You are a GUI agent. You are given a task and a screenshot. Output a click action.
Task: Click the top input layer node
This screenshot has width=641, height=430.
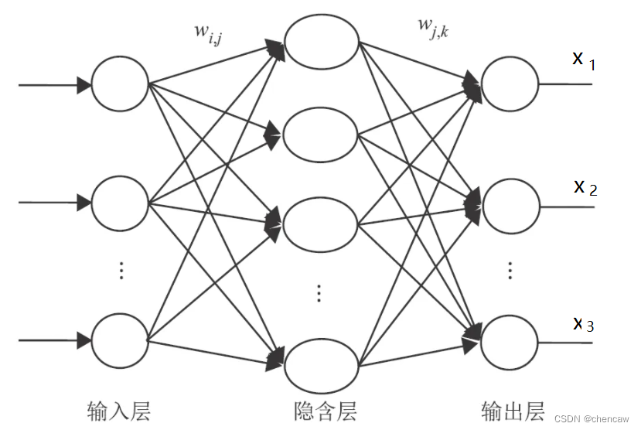(120, 84)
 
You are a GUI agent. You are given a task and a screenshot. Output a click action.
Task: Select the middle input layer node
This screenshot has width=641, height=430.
(120, 203)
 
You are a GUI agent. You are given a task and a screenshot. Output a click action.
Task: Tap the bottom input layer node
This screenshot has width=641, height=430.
(120, 340)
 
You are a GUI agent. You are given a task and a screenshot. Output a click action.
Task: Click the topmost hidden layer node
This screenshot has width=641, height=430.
(321, 41)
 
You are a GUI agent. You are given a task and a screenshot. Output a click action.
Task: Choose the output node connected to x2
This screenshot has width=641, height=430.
(510, 206)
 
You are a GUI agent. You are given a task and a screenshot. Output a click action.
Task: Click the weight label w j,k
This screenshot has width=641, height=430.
(435, 26)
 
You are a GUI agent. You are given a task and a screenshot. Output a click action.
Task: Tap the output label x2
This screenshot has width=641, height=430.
(585, 187)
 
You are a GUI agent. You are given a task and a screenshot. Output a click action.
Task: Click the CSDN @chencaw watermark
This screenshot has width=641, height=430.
(598, 419)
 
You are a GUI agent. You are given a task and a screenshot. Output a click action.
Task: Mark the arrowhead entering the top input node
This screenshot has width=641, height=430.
(84, 84)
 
